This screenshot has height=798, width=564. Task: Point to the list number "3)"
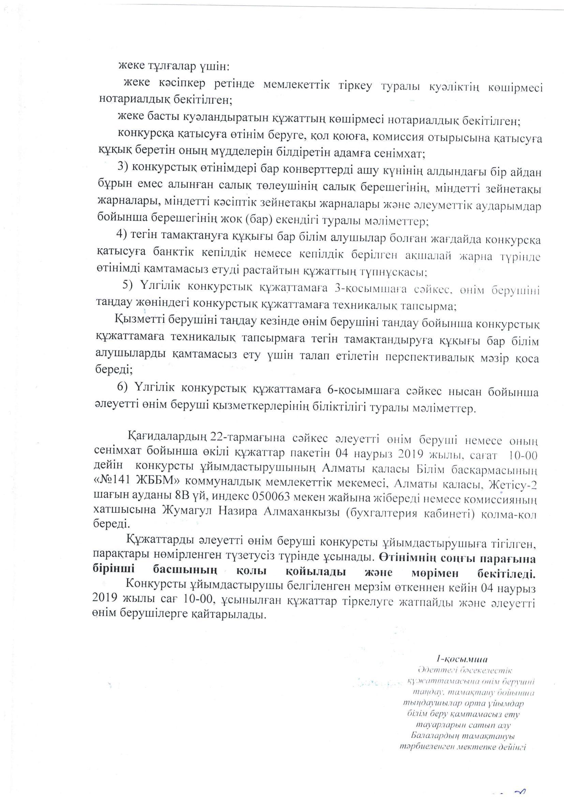(x=123, y=166)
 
